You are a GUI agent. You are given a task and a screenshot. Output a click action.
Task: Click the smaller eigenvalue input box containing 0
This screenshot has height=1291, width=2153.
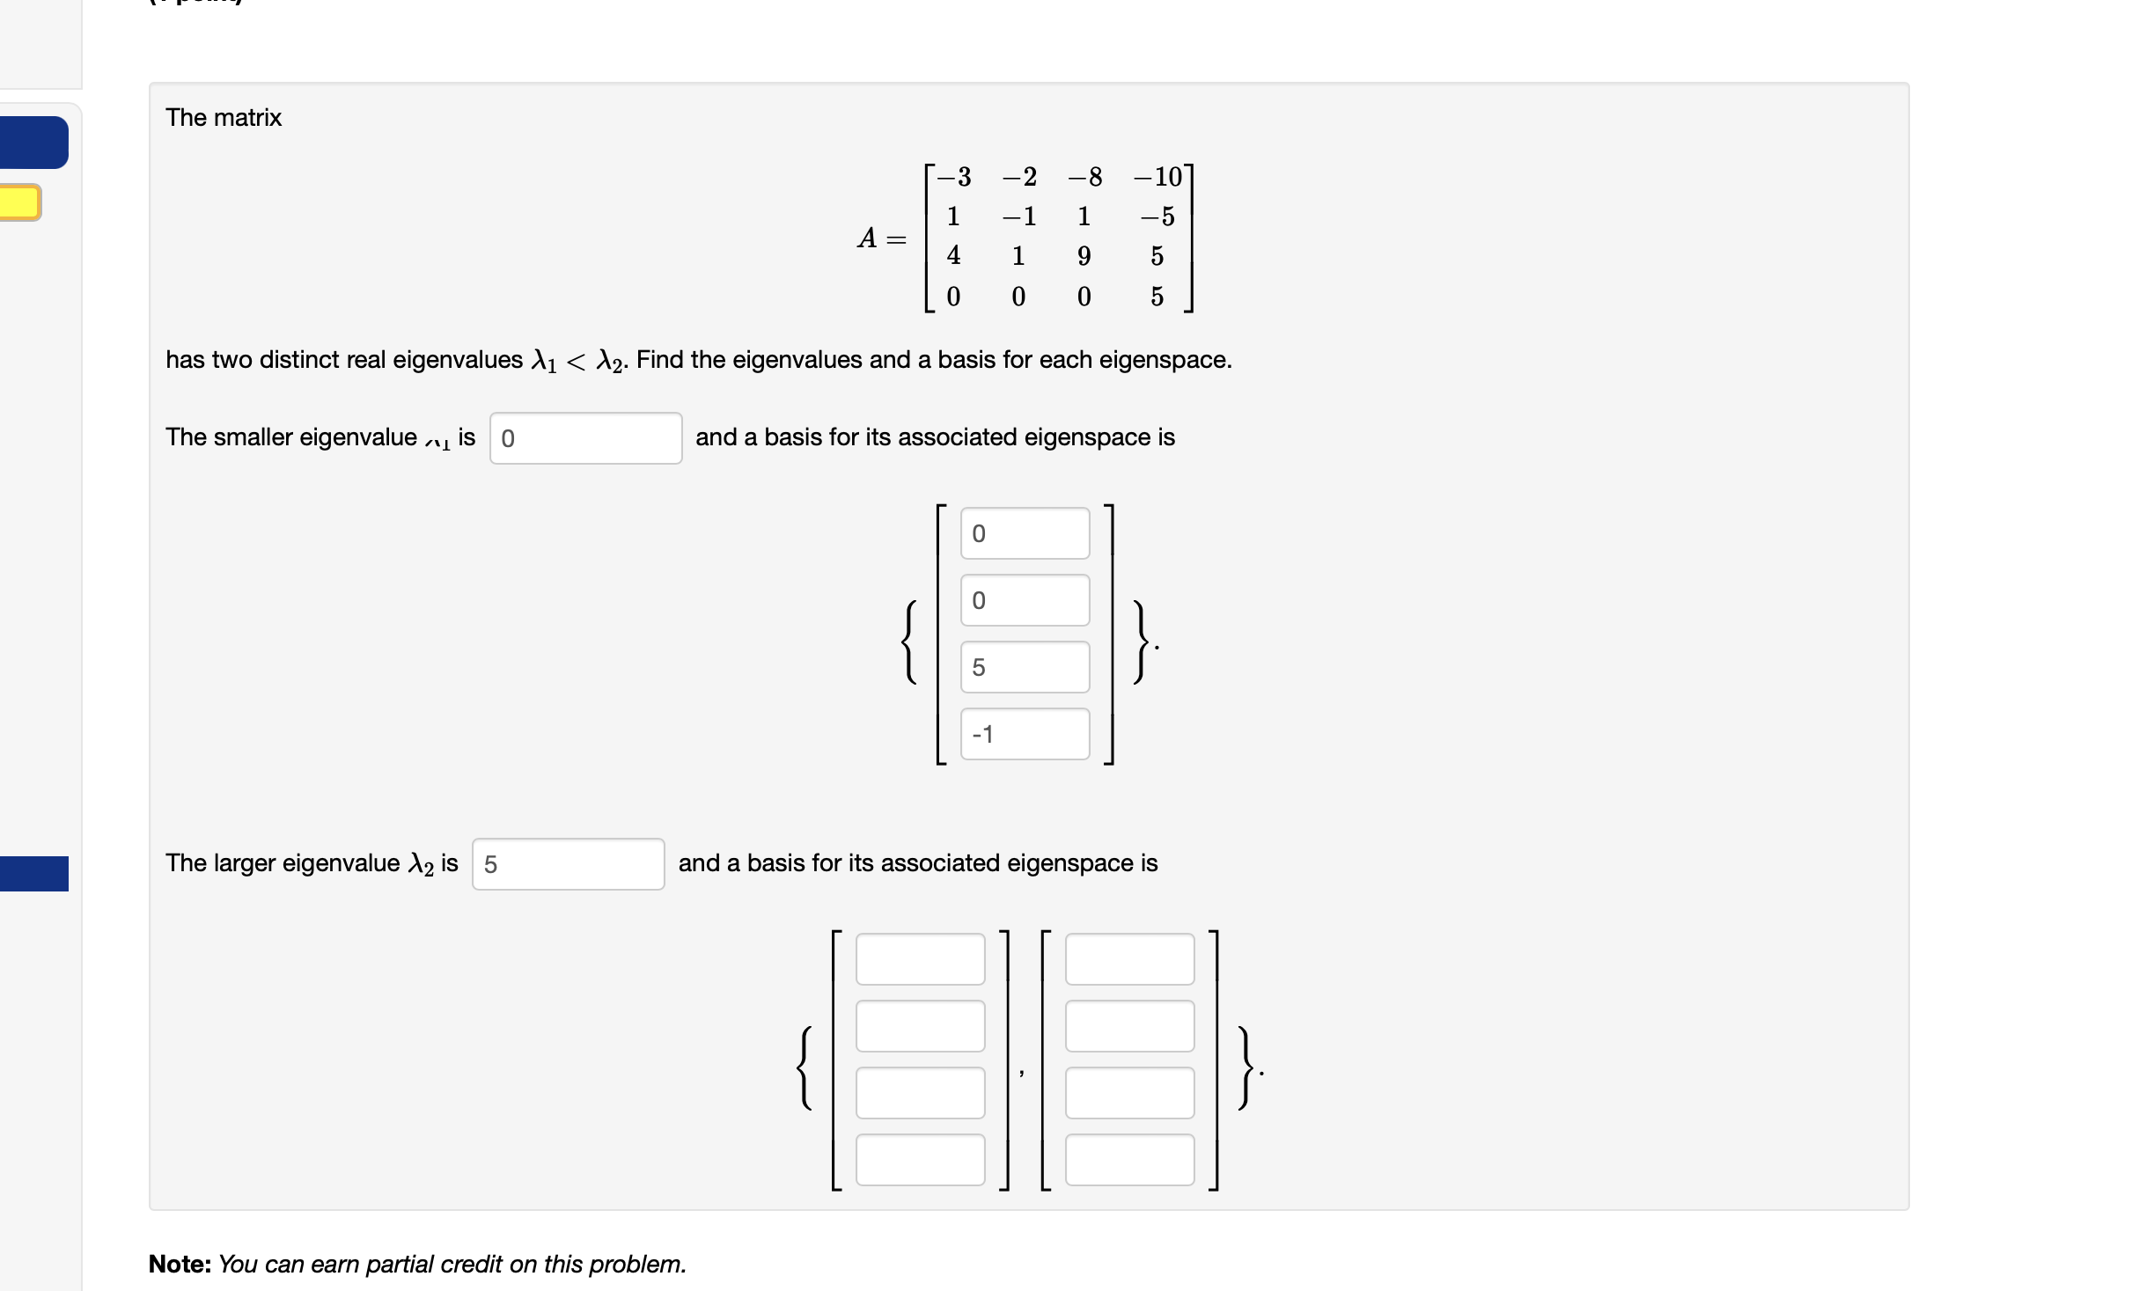point(585,438)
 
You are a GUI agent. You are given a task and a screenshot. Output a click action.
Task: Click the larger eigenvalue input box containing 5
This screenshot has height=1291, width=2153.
point(568,864)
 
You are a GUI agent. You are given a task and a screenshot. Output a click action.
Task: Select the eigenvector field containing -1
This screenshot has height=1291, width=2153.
point(1025,734)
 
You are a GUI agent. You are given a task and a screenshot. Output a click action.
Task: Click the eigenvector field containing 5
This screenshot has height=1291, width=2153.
point(1025,667)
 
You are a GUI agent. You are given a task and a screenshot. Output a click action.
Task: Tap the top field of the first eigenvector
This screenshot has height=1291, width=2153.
point(1025,533)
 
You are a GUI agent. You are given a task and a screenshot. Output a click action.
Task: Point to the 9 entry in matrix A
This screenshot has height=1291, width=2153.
point(1084,256)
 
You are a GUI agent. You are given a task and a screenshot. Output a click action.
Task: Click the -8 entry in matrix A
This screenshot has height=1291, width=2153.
point(1085,177)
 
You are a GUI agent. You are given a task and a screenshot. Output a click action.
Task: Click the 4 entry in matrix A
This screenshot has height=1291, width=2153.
point(953,256)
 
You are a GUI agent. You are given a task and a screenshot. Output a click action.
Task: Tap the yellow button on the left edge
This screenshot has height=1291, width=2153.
point(19,202)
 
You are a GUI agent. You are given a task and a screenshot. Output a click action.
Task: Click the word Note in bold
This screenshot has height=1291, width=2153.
point(180,1265)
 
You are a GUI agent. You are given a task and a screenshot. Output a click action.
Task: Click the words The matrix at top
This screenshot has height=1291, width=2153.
point(224,117)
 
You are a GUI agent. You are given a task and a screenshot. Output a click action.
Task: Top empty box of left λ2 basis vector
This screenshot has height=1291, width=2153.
point(920,959)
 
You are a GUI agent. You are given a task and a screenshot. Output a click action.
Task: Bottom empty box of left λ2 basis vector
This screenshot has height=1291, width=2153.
point(920,1160)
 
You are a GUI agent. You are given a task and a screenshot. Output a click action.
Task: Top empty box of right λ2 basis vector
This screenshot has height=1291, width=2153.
point(1129,959)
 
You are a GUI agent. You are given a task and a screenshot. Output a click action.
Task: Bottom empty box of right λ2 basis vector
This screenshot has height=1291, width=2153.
point(1129,1160)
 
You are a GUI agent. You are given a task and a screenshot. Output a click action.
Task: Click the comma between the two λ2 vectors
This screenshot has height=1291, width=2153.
point(1021,1072)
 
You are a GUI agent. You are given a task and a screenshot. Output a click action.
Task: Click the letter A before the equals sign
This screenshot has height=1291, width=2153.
point(867,238)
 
